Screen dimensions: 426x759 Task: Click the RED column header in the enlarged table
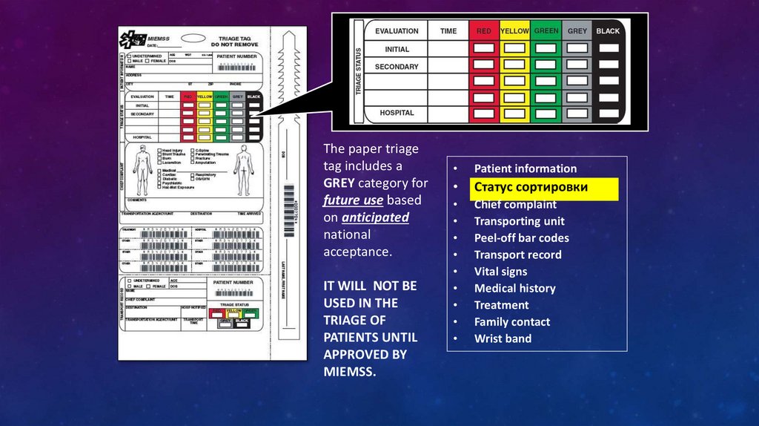point(484,31)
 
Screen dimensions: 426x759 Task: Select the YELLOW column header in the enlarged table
point(514,31)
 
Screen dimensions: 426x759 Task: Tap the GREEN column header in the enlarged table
point(546,31)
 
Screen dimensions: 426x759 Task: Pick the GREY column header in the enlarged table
point(577,31)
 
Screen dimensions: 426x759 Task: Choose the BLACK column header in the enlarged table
point(609,31)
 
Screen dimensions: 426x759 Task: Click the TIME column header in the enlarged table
point(448,31)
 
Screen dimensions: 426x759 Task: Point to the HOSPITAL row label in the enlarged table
point(397,114)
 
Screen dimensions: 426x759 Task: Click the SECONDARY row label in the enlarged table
point(397,67)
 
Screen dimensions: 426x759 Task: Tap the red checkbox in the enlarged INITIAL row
point(484,49)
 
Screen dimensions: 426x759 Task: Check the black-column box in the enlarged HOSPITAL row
point(609,114)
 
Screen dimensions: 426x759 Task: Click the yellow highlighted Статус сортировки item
point(546,188)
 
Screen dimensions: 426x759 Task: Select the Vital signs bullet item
point(500,272)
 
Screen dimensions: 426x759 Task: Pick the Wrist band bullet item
point(503,338)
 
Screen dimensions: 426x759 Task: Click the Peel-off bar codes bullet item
point(521,238)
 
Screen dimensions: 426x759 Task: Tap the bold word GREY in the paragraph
point(339,183)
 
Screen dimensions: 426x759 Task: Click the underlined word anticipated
point(375,217)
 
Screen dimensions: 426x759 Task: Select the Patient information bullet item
point(525,168)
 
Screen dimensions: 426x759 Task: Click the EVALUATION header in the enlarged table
point(397,31)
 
